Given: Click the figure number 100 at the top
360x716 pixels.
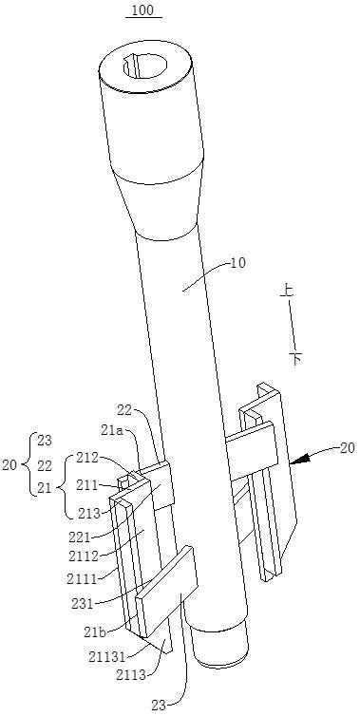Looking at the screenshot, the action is [x=143, y=10].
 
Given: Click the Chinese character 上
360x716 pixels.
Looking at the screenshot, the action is [x=288, y=292].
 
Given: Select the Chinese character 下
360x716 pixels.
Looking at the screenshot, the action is [x=295, y=358].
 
